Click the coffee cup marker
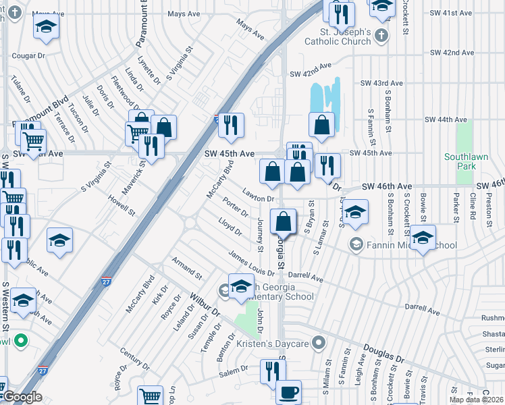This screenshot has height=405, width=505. (289, 393)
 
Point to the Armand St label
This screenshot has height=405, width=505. (186, 268)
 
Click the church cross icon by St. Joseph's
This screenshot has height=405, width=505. (381, 35)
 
